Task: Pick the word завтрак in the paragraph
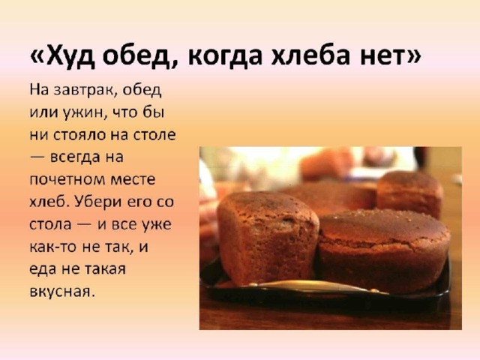[83, 91]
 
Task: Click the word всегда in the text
[75, 157]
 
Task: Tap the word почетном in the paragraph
[66, 180]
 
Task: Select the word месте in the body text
[132, 180]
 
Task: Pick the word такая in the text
[105, 269]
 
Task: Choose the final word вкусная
[61, 291]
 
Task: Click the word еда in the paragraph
[42, 268]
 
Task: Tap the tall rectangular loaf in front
[267, 238]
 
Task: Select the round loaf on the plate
[383, 250]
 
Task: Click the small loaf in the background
[409, 193]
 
